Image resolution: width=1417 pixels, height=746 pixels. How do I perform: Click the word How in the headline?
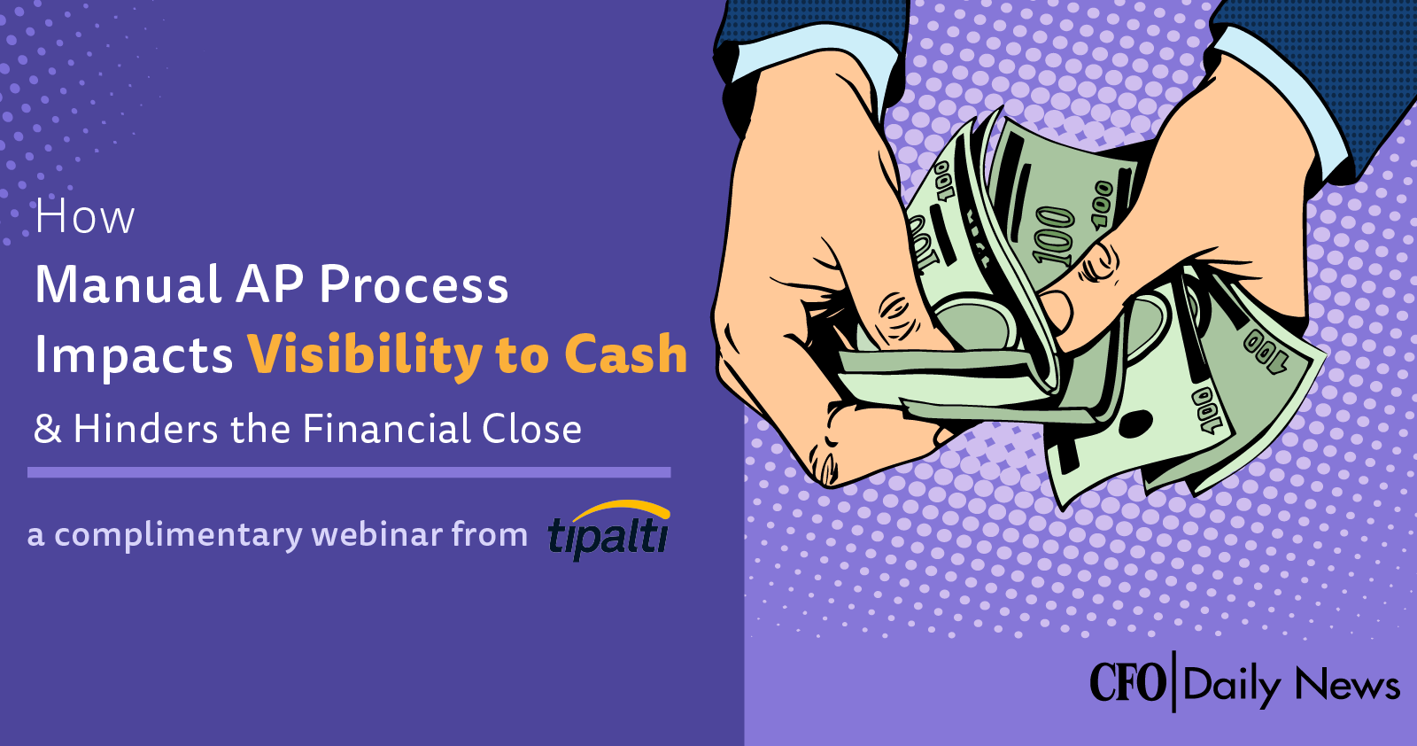(x=85, y=216)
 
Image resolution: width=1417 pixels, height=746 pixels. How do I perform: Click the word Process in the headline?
(x=414, y=285)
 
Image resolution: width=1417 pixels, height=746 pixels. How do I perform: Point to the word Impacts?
(x=134, y=355)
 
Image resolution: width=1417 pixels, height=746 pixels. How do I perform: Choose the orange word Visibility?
(x=365, y=354)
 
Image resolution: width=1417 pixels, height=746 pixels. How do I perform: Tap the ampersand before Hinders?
(x=48, y=428)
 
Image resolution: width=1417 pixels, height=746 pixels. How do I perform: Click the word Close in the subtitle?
(x=531, y=428)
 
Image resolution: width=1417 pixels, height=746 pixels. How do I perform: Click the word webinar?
(x=377, y=534)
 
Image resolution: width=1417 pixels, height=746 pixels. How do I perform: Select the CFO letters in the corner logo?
(x=1128, y=682)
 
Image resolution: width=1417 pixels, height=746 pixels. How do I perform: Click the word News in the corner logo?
(x=1347, y=685)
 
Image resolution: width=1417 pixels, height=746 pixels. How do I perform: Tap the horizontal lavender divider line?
(x=349, y=472)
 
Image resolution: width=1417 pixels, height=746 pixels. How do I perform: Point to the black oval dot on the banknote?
(x=1135, y=424)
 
